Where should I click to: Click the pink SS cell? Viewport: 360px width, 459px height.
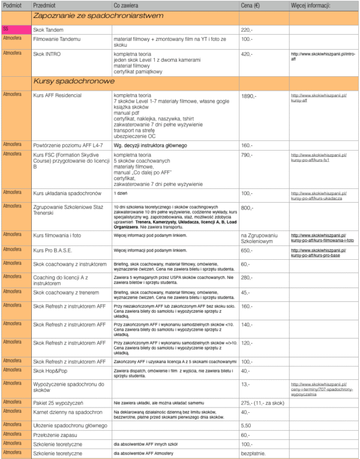click(15, 29)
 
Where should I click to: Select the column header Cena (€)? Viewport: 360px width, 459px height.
click(252, 5)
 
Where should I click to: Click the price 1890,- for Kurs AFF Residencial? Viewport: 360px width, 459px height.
click(248, 96)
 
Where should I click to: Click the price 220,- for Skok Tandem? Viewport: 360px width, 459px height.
click(247, 29)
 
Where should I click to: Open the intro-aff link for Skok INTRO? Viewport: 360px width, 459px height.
click(318, 56)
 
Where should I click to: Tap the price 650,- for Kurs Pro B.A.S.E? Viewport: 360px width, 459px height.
click(247, 250)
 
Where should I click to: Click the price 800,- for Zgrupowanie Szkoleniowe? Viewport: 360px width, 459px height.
click(247, 207)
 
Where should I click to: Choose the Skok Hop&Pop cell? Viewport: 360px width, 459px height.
click(50, 371)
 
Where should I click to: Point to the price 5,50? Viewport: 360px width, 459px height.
click(246, 425)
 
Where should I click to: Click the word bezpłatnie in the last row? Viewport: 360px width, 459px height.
click(253, 453)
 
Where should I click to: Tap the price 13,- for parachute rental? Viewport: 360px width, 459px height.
click(245, 383)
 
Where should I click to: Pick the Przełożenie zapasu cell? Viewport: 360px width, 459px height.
click(59, 434)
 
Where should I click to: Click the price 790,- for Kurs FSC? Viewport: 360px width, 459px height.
click(247, 155)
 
